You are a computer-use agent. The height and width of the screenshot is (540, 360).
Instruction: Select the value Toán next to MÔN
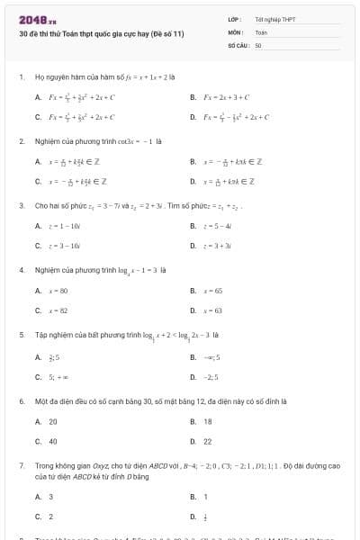pyautogui.click(x=261, y=31)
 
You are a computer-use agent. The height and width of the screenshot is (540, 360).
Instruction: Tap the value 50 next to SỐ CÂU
pyautogui.click(x=258, y=44)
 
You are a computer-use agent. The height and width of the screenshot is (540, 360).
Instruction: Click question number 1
pyautogui.click(x=21, y=77)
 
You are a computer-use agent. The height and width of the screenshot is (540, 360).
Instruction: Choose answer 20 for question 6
pyautogui.click(x=52, y=421)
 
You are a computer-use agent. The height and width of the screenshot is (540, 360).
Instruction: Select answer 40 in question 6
pyautogui.click(x=52, y=442)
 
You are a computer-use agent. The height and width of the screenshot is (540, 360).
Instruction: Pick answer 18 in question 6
pyautogui.click(x=208, y=421)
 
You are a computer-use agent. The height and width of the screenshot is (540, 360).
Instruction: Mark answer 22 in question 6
pyautogui.click(x=208, y=442)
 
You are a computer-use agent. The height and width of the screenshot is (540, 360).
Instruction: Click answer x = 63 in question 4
pyautogui.click(x=213, y=310)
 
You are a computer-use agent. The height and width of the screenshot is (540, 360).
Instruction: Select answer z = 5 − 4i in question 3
pyautogui.click(x=219, y=226)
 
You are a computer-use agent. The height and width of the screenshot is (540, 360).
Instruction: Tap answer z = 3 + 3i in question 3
pyautogui.click(x=219, y=246)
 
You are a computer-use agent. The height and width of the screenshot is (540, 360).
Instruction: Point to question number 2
pyautogui.click(x=21, y=141)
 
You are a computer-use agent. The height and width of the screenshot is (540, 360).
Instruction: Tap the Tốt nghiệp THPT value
pyautogui.click(x=275, y=19)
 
